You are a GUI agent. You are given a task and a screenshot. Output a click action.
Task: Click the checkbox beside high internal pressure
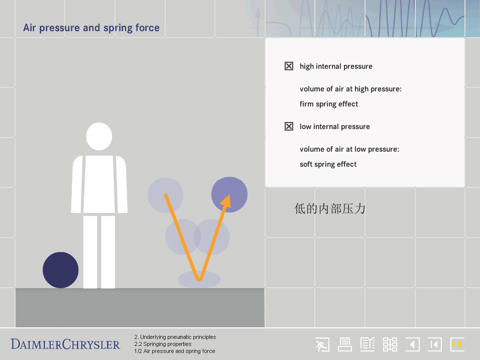tap(289, 66)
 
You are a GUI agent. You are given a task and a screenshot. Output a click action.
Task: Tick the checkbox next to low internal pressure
tap(289, 127)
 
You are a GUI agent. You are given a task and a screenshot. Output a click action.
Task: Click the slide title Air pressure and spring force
tap(91, 28)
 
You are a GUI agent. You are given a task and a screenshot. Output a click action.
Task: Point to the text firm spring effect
tap(329, 104)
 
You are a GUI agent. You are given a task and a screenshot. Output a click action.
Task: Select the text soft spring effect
tap(328, 164)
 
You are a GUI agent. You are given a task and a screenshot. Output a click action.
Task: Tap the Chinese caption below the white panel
tap(330, 209)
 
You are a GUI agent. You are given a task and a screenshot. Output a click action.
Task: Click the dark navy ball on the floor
tap(61, 270)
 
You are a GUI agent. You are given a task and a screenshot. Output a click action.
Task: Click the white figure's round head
tap(99, 137)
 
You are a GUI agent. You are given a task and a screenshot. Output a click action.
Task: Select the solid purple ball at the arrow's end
tap(229, 194)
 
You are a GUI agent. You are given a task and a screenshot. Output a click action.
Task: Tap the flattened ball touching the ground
tap(199, 279)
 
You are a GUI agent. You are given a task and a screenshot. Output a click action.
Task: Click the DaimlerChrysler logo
tap(65, 344)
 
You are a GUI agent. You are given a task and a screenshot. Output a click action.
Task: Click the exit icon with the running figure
tap(322, 345)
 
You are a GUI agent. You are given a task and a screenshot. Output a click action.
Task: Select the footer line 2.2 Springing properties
tap(163, 344)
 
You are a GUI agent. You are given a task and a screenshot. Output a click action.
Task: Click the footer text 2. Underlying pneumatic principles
tap(175, 337)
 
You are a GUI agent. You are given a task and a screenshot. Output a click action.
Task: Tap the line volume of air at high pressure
tap(350, 89)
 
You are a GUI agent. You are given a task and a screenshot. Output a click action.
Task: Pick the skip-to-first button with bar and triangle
tap(435, 345)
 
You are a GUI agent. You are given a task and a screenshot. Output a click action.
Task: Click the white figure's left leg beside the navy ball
tap(90, 252)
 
